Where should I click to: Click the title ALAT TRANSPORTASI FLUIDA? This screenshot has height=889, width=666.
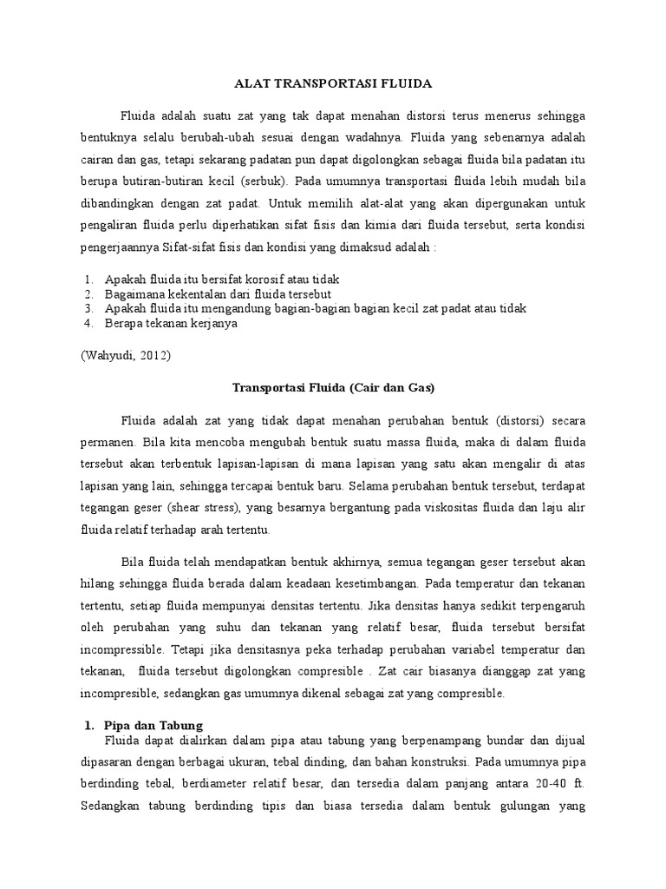[x=333, y=84]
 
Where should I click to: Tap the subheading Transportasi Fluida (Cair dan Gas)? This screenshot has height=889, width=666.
[x=333, y=387]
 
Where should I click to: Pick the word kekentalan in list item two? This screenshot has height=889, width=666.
[x=192, y=294]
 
